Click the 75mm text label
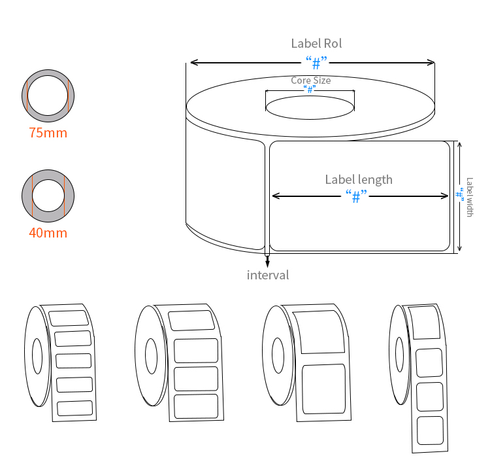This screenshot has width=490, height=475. pos(48,133)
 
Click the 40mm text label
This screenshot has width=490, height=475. pos(48,232)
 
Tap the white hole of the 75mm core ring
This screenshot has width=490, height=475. pos(47,96)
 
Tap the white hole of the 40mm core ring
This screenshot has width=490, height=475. pos(48,196)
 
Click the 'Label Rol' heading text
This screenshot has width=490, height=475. pos(316,44)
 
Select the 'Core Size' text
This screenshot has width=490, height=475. pos(310,80)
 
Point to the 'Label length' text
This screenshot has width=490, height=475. pos(359,179)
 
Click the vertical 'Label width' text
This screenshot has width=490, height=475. pos(470,197)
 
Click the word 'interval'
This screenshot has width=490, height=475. pos(267,275)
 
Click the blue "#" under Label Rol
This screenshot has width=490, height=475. pos(316,63)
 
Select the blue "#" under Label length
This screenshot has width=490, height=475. pos(356,196)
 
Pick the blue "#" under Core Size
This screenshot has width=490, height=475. pos(310,90)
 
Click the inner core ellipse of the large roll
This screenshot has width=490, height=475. pos(310,107)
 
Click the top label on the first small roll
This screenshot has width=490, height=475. pos(69,318)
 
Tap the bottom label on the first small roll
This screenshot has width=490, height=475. pos(74,408)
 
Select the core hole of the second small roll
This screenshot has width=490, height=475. pos(151,356)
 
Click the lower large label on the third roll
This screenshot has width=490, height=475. pos(324,389)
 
